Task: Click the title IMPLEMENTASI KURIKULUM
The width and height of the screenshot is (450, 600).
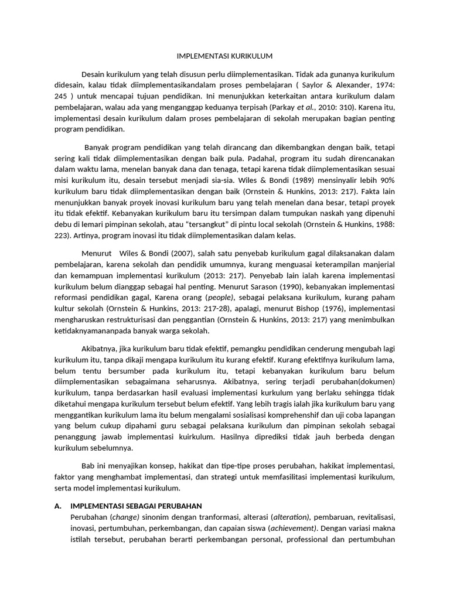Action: pos(225,56)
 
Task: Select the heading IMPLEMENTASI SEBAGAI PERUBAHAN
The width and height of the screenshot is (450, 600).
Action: pos(136,506)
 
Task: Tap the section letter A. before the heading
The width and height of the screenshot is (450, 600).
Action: pos(58,506)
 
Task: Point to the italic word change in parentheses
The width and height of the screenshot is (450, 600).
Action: pos(127,517)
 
